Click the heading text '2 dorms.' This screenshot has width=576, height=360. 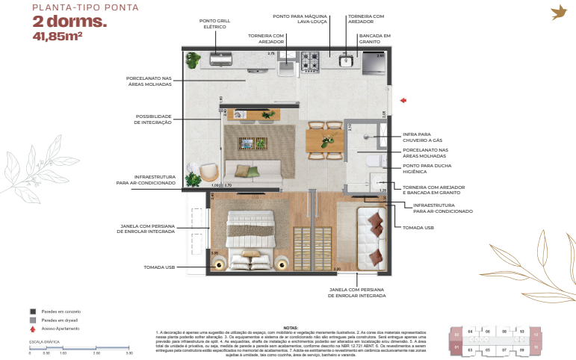69,21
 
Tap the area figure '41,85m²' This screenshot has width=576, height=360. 58,34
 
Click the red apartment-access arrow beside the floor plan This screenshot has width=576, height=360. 402,99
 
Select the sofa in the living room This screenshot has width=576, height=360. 254,173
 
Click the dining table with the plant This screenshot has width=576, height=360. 325,141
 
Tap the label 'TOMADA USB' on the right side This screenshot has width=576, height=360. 417,227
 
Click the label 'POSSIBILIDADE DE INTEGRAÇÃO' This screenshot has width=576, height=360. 153,119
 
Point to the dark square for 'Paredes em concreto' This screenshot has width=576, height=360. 32,311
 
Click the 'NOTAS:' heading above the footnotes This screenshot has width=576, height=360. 291,326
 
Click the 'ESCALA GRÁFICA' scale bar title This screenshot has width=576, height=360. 43,340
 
